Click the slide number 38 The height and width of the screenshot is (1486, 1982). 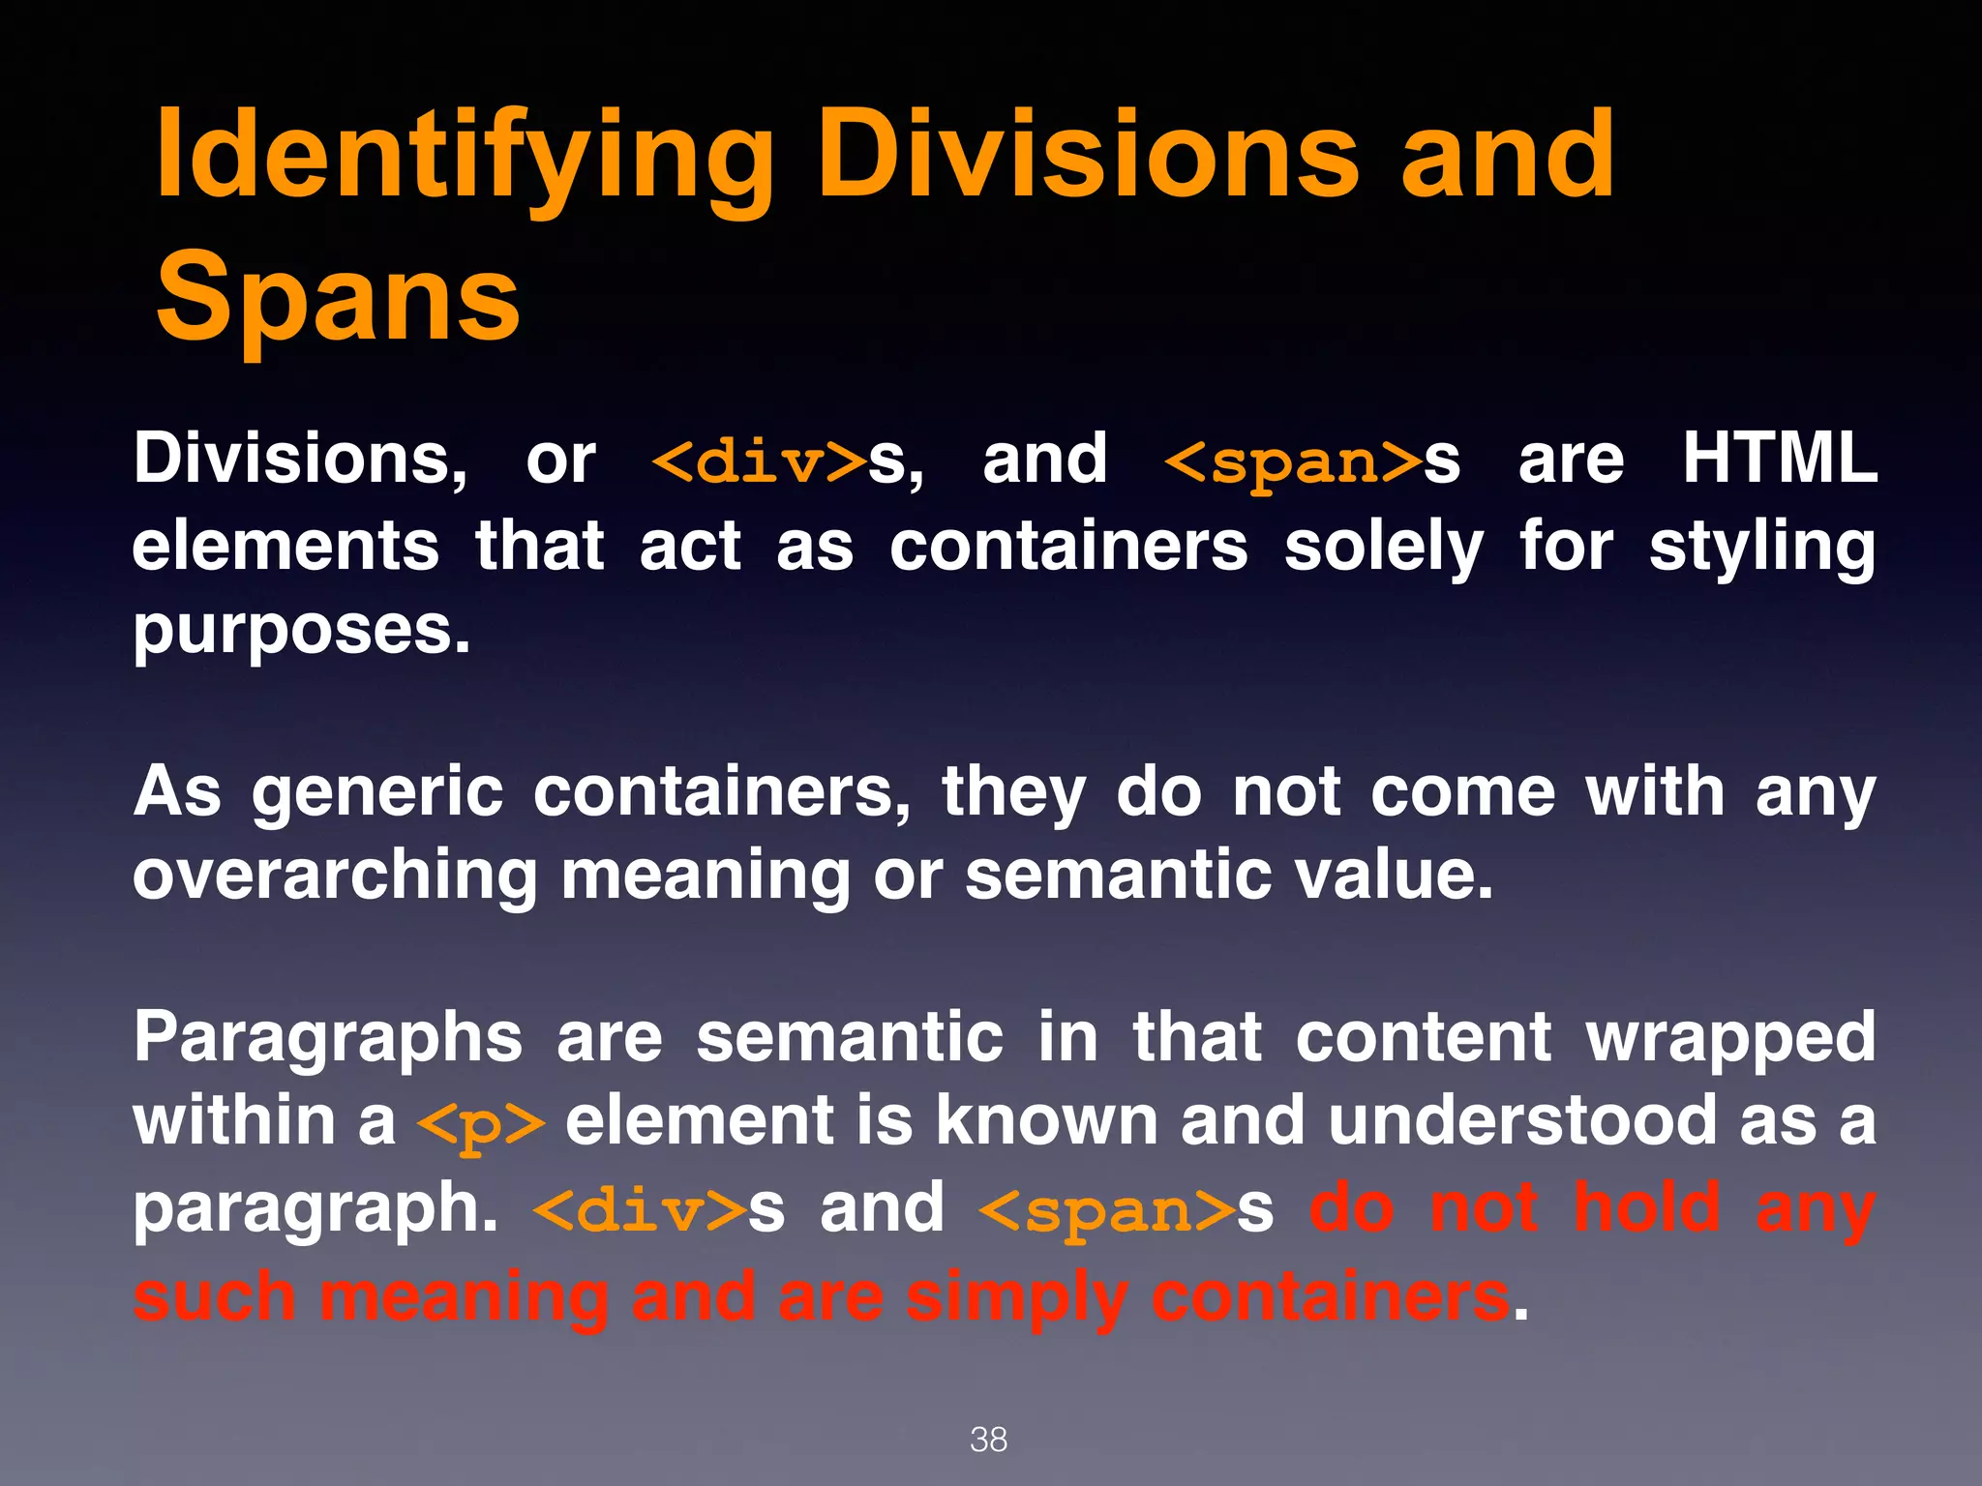(x=988, y=1440)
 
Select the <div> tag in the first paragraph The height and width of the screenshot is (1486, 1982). (x=759, y=461)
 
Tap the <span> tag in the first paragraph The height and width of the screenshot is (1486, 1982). (x=1292, y=461)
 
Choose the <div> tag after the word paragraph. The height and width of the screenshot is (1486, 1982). (x=639, y=1210)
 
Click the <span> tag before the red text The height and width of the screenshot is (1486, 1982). (x=1107, y=1210)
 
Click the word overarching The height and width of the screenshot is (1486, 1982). (x=334, y=876)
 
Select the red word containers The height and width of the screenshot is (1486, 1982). (x=1330, y=1296)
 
